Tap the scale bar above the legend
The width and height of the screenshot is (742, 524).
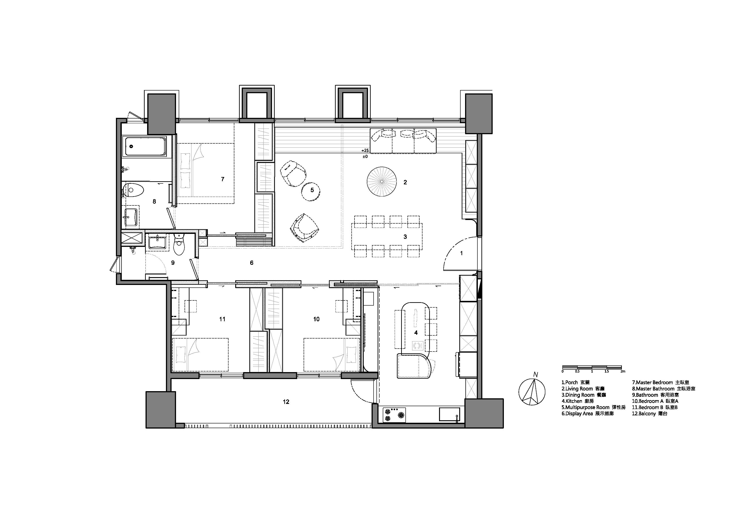point(592,367)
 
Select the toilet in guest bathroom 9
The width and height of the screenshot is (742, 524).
point(179,244)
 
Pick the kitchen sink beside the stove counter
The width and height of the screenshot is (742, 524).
point(449,414)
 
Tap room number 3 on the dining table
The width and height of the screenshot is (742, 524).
point(405,237)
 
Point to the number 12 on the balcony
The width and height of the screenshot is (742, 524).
point(286,402)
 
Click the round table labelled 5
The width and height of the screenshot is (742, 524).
point(311,192)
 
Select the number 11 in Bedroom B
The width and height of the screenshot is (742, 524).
point(222,319)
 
